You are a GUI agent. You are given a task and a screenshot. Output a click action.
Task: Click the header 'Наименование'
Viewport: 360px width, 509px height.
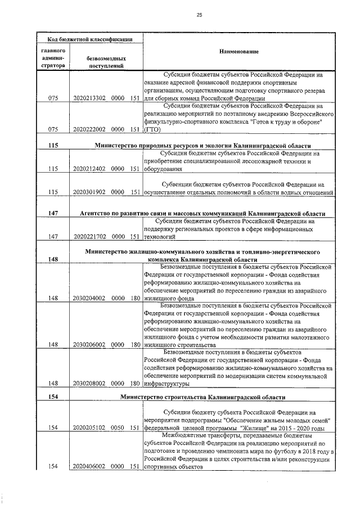click(239, 52)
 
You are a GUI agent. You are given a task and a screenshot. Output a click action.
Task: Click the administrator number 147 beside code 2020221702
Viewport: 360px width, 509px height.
click(53, 237)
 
